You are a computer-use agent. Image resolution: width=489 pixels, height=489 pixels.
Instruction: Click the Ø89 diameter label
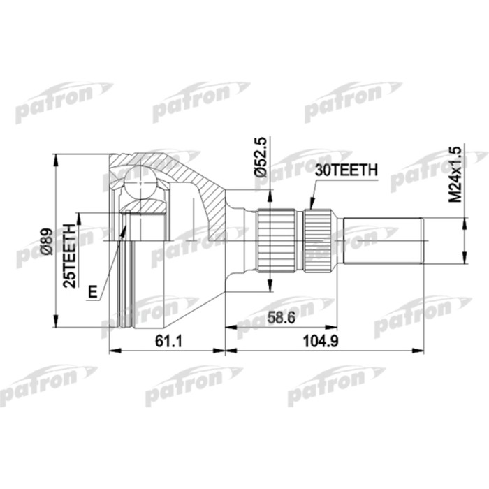tap(47, 241)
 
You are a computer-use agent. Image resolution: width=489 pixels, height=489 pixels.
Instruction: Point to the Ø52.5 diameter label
tap(260, 156)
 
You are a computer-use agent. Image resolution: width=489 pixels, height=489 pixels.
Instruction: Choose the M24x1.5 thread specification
tap(455, 174)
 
